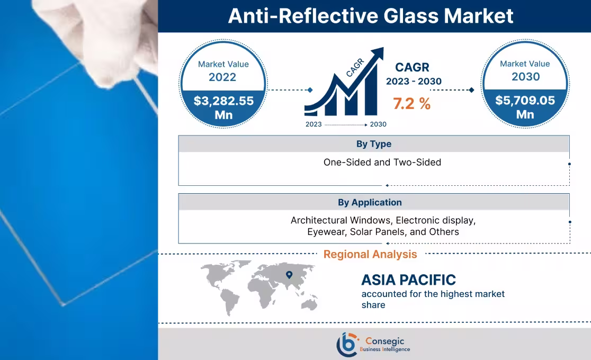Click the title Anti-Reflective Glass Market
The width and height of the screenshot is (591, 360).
click(x=370, y=16)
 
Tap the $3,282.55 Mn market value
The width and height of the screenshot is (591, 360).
click(x=223, y=107)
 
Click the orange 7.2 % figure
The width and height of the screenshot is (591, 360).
click(x=411, y=104)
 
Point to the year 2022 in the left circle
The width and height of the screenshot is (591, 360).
click(x=223, y=77)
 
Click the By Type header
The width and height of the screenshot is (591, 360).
click(x=373, y=144)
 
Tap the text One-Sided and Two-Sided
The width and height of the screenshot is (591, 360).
click(x=382, y=163)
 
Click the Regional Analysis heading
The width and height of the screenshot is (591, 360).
click(x=370, y=254)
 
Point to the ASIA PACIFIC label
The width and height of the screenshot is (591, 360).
click(x=408, y=280)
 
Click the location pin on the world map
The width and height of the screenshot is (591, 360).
click(x=289, y=274)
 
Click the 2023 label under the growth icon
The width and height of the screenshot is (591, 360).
click(x=314, y=124)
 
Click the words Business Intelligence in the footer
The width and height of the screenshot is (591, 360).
click(x=384, y=349)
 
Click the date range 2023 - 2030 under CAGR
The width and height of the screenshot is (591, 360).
click(x=414, y=82)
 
